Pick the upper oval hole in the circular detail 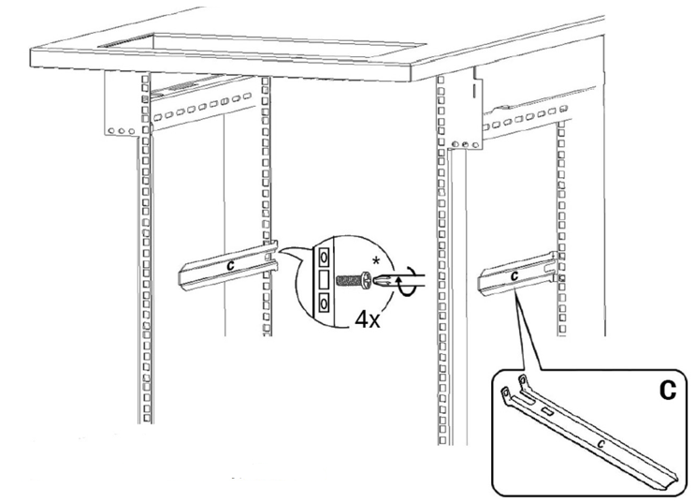325,256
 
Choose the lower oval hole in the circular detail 325,302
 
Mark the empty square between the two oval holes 324,279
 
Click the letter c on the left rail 229,266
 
